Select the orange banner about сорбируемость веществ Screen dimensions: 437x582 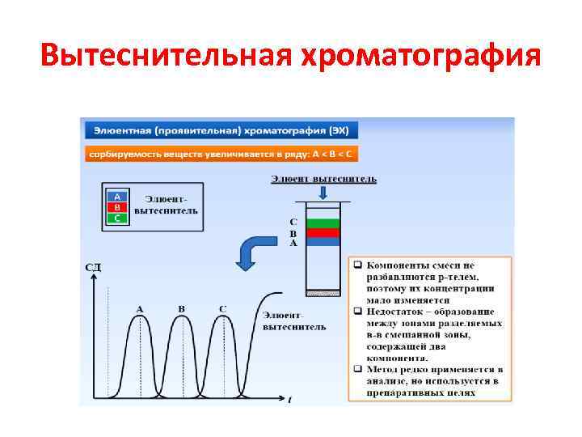coord(221,154)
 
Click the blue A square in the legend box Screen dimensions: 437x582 coord(118,197)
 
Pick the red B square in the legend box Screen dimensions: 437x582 coord(118,207)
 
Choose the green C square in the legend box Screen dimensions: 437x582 coord(118,218)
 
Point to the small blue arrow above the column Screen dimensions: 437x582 coord(323,193)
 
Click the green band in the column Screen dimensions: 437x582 coord(323,222)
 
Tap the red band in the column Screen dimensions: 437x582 coord(323,232)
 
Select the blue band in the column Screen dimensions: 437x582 coord(323,241)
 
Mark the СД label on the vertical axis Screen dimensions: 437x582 coord(94,266)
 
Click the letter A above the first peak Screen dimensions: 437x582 coord(140,308)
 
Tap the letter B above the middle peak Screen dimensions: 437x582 coord(181,308)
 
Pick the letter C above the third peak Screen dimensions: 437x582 coord(222,308)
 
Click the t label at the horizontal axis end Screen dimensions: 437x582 coord(289,400)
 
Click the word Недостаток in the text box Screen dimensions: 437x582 coord(397,312)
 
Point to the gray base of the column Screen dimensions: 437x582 coord(323,291)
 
